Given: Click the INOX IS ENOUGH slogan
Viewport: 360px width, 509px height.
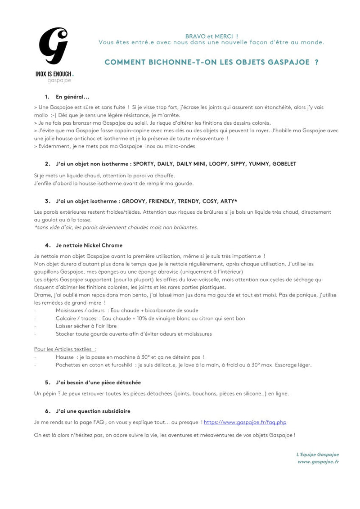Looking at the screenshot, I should [54, 73].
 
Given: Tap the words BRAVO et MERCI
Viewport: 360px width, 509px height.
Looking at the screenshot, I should [211, 36].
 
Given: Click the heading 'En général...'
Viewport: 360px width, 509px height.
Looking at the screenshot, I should [72, 97].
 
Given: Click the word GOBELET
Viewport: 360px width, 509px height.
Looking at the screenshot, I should [284, 164].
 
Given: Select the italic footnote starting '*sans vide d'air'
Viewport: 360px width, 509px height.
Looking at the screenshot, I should [116, 227].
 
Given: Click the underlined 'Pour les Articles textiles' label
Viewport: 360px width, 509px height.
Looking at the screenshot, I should [65, 349].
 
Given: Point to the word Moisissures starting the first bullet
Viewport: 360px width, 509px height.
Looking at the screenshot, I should [71, 311].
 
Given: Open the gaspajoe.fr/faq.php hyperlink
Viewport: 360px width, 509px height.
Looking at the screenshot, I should [245, 422].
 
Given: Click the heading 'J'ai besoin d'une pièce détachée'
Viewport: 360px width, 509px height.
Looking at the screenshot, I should [98, 383].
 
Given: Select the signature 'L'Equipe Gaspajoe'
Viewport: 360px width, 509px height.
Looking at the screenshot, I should [317, 455].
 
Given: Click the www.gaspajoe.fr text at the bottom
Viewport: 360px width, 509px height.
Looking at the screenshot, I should [318, 462].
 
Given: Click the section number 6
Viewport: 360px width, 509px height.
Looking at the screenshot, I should [47, 411].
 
